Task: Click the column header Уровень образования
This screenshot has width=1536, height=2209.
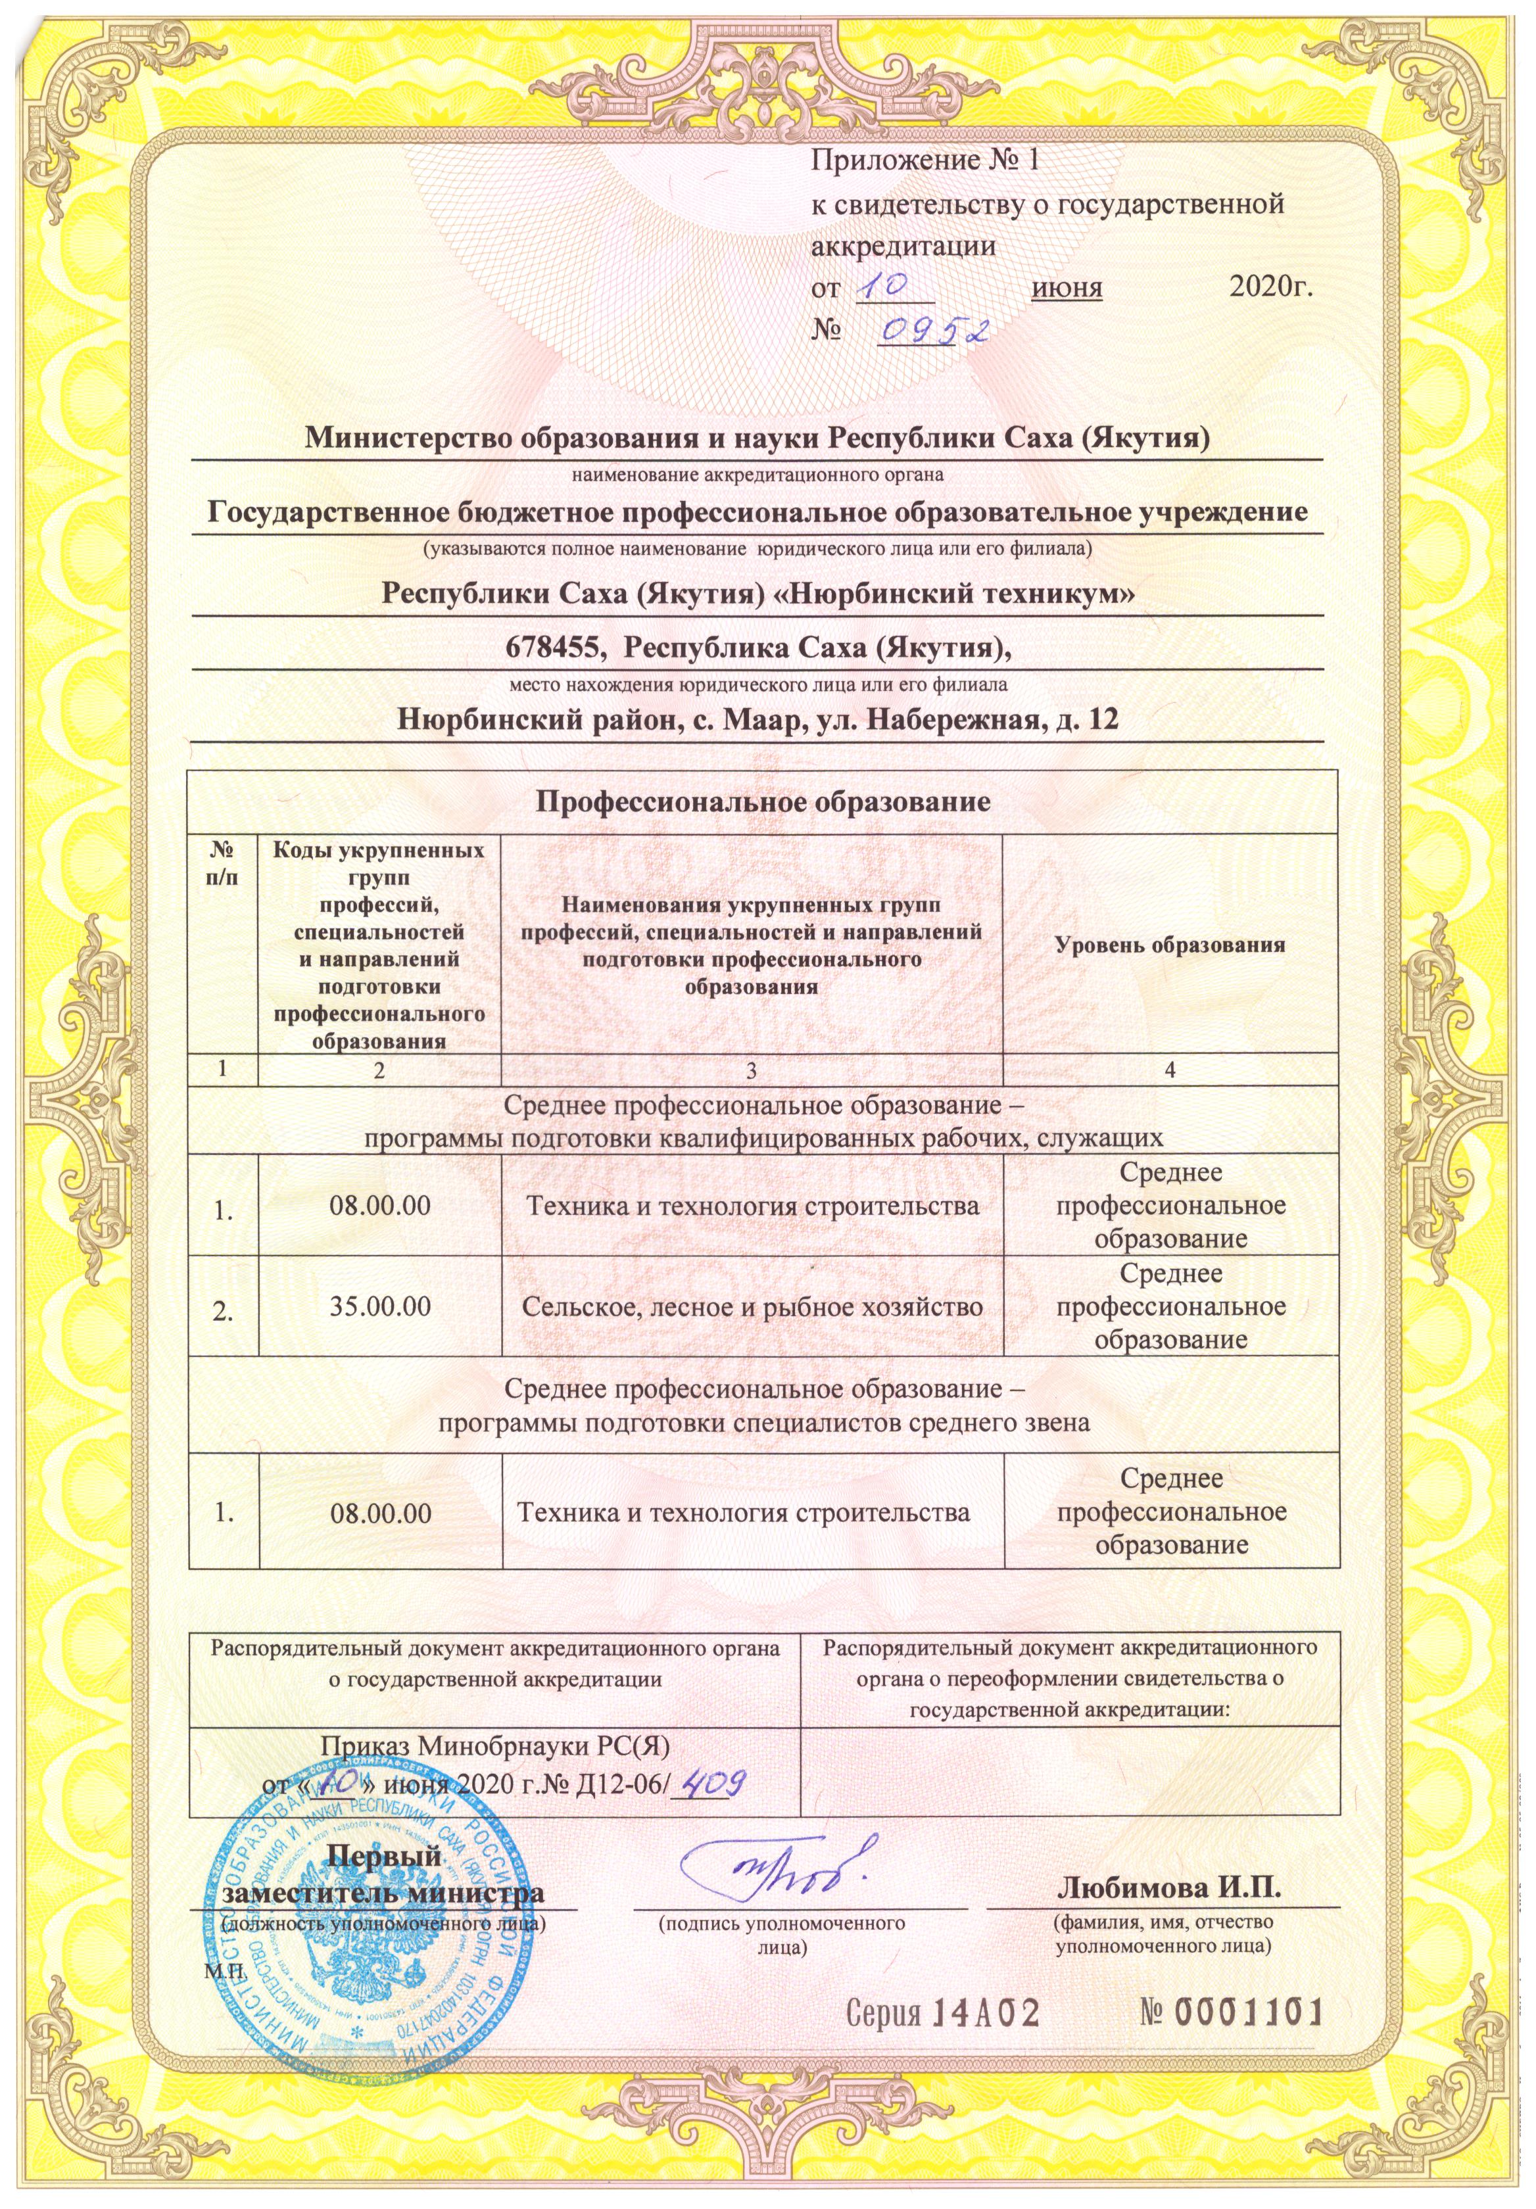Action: [x=1170, y=944]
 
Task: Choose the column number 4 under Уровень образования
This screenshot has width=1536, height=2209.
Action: [x=1170, y=1069]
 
